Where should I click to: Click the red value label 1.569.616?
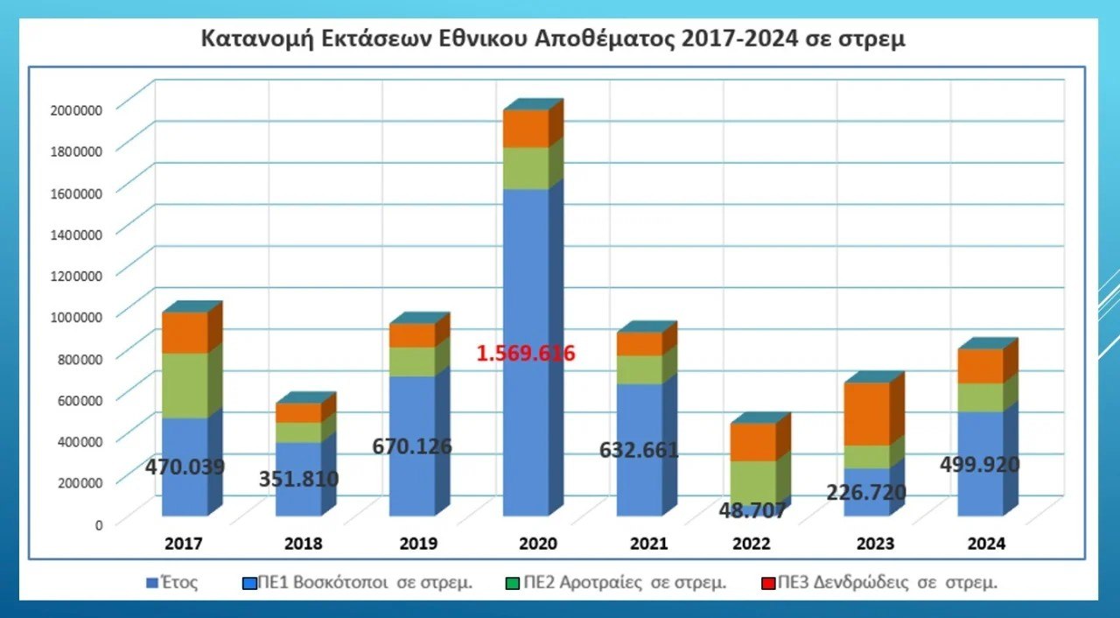[x=525, y=354]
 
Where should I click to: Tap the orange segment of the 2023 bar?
[x=866, y=413]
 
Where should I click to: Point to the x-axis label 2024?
[x=986, y=544]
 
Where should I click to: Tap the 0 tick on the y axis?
[x=99, y=524]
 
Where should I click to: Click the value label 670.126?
[x=412, y=446]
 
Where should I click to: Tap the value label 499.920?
[x=980, y=464]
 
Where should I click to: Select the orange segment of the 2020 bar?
[x=525, y=129]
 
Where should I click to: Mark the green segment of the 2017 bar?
[x=185, y=385]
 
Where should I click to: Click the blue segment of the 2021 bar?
[x=639, y=490]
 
